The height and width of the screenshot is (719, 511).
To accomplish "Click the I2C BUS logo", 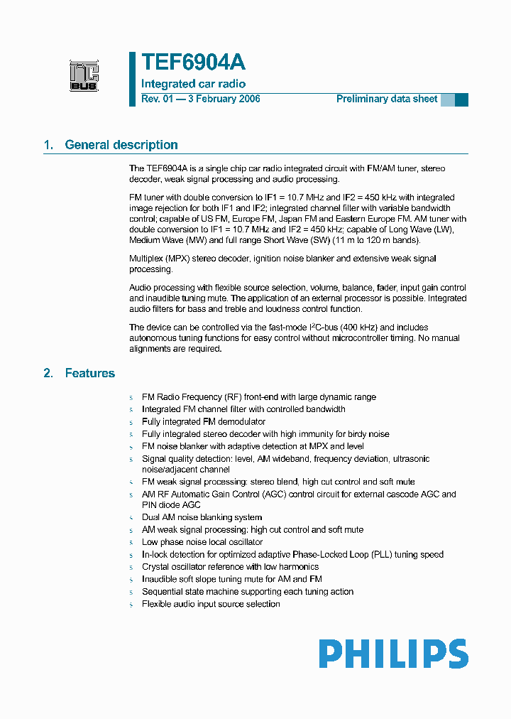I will [84, 76].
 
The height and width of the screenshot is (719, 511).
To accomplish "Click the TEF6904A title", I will [193, 63].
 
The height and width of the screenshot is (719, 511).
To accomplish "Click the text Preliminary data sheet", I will [387, 99].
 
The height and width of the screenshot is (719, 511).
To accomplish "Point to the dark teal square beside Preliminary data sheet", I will [461, 99].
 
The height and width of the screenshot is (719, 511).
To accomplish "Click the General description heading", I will [121, 145].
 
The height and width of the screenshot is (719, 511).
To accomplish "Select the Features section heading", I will [89, 373].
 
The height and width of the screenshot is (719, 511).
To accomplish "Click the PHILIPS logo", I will [392, 654].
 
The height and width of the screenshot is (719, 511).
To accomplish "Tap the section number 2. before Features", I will [48, 373].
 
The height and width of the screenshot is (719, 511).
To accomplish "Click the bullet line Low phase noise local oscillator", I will [202, 542].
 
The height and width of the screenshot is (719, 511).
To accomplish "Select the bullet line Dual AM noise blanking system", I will [202, 517].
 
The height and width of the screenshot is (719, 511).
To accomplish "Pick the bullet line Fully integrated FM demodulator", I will [204, 421].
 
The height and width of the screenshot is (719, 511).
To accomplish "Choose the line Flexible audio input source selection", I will [211, 604].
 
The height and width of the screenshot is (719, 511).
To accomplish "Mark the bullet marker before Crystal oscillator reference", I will [131, 568].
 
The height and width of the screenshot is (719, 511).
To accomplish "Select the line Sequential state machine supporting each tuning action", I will [248, 591].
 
